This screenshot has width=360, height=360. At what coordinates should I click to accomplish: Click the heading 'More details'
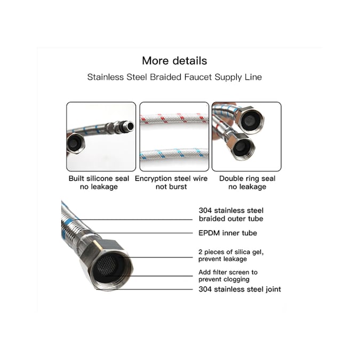pyautogui.click(x=174, y=60)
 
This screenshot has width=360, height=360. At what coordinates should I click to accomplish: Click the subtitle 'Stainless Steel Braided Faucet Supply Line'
pyautogui.click(x=174, y=77)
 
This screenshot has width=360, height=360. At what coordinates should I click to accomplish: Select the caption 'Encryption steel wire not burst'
pyautogui.click(x=171, y=182)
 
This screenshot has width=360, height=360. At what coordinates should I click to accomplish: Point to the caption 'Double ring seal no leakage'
pyautogui.click(x=247, y=182)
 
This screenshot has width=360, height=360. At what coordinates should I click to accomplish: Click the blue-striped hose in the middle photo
pyautogui.click(x=173, y=154)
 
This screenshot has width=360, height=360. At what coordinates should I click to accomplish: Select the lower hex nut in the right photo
pyautogui.click(x=243, y=146)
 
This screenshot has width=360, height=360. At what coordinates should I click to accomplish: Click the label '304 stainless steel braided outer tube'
pyautogui.click(x=230, y=214)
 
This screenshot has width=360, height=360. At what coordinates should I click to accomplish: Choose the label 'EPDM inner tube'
pyautogui.click(x=227, y=233)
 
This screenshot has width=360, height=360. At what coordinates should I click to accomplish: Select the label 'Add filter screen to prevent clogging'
pyautogui.click(x=227, y=275)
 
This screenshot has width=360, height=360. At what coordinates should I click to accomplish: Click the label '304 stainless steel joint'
pyautogui.click(x=239, y=290)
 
